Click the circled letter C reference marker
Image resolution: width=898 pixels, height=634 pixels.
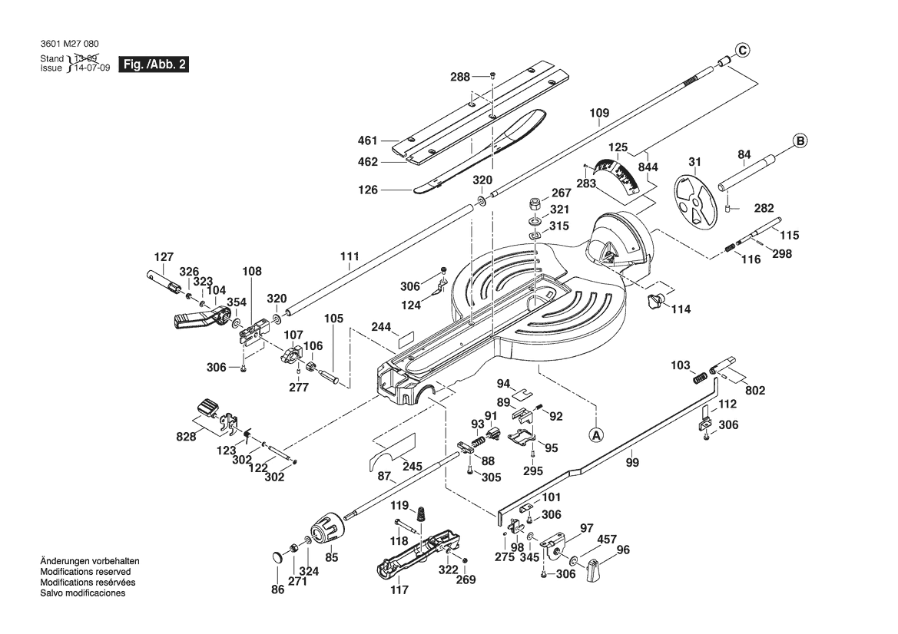click(x=741, y=51)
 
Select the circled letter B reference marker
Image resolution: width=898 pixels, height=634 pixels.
click(x=800, y=140)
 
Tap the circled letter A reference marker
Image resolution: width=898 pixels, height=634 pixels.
click(x=596, y=434)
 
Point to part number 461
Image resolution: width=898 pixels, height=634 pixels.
click(x=368, y=140)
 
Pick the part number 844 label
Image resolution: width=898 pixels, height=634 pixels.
click(x=648, y=167)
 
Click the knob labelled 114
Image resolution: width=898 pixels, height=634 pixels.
click(x=657, y=300)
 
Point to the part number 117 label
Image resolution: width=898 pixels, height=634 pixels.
click(x=399, y=590)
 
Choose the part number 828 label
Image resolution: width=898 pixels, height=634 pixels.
click(x=187, y=436)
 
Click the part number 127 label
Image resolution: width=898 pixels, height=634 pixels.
click(x=164, y=257)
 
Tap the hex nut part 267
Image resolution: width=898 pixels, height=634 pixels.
click(x=533, y=204)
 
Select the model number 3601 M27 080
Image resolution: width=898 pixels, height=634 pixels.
click(x=69, y=45)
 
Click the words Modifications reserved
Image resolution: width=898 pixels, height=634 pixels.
click(x=85, y=572)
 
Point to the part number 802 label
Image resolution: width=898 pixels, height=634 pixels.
click(x=755, y=391)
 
